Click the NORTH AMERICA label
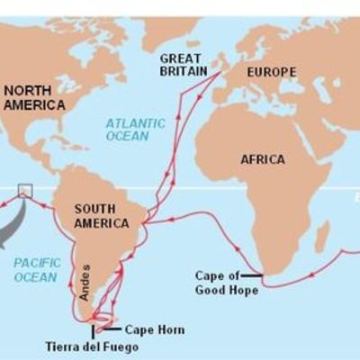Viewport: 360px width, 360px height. (x=33, y=97)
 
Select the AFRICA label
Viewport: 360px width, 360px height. (x=263, y=159)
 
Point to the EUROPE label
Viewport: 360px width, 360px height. (x=267, y=72)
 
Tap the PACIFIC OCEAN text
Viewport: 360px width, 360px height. (x=37, y=269)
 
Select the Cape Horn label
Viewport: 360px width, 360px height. (x=154, y=330)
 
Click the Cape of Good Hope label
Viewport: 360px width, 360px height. (x=227, y=283)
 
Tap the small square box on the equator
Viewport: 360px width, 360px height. (x=24, y=189)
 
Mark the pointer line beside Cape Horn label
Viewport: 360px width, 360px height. (x=114, y=327)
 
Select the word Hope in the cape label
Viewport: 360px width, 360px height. (x=244, y=290)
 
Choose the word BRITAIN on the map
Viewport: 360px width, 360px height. (x=185, y=72)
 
